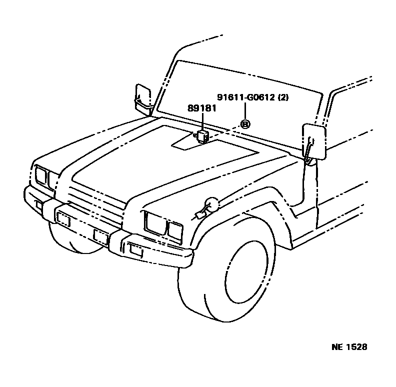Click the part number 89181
click(202, 108)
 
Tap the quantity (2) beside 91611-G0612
click(283, 97)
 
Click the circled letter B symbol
click(245, 123)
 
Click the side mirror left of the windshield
click(143, 97)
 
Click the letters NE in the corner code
click(336, 347)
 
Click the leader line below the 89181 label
click(202, 121)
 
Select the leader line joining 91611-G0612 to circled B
click(245, 110)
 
